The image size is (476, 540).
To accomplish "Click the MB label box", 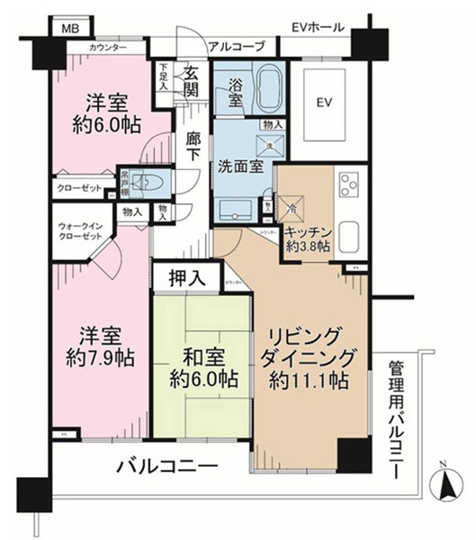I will coord(68,30).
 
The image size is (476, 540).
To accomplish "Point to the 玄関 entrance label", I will coord(191,81).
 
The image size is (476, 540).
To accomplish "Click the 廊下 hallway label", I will coord(193,148).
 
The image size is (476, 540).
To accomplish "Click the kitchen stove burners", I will coord(348,187).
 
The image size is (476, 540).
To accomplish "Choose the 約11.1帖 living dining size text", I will coord(307,381).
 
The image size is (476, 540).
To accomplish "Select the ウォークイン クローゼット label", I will coord(81,240).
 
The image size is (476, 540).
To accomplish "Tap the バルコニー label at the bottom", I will coord(168,466).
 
